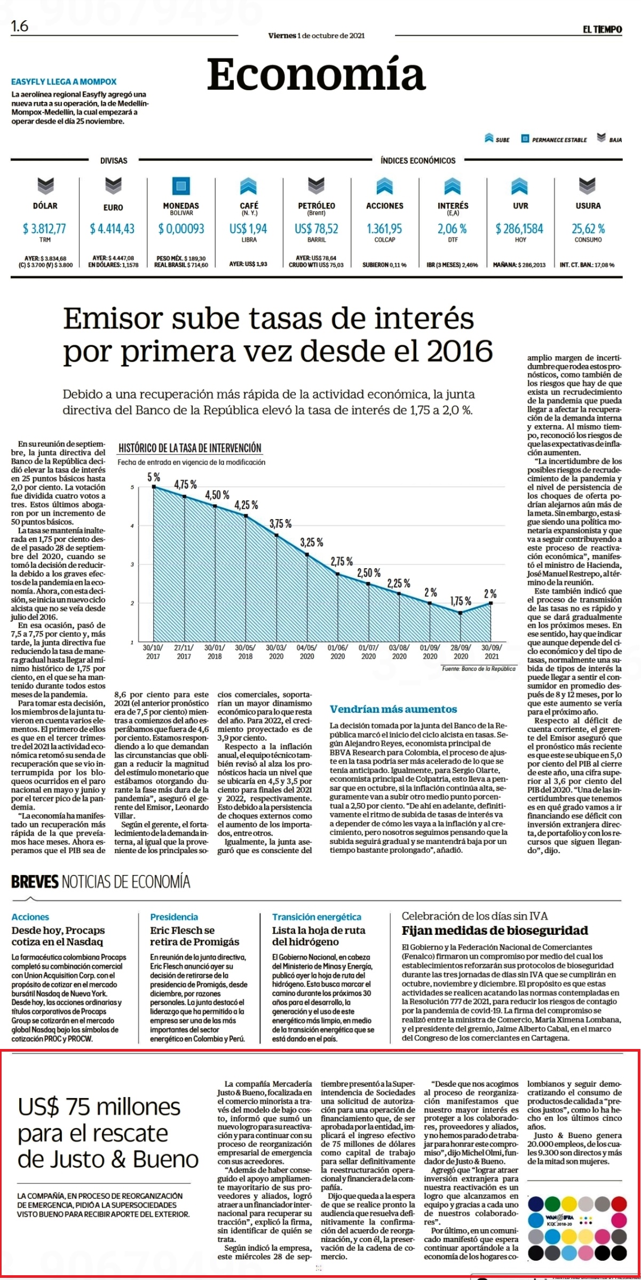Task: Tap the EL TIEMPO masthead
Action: pos(602,30)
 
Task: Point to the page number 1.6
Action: pos(20,26)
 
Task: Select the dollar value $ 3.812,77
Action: pos(44,229)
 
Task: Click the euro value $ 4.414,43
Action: pos(112,229)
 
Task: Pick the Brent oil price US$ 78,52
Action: pos(316,229)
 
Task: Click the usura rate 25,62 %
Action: pos(588,229)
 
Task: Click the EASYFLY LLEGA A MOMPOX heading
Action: pos(64,82)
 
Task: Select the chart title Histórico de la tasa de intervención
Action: pos(189,448)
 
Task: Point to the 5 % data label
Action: pos(154,478)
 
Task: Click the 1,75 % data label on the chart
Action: pos(461,601)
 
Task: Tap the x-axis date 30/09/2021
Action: pos(492,652)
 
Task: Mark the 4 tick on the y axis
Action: pos(131,526)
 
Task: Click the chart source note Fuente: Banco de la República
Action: pos(479,669)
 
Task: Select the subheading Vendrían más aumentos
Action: pos(393,709)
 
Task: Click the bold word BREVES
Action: pos(35,881)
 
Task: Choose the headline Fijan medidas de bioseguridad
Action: pos(495,931)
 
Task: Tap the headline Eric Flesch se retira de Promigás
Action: pos(194,936)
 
